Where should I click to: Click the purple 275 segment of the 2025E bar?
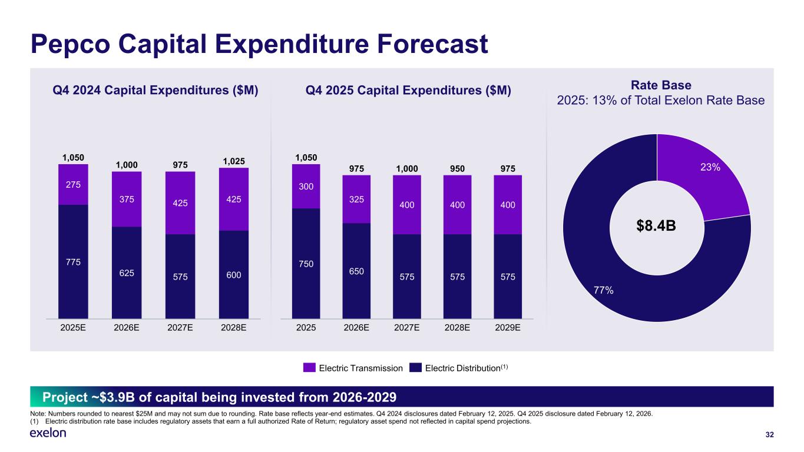point(73,184)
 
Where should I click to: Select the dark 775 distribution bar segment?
point(73,261)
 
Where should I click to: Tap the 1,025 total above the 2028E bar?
point(234,161)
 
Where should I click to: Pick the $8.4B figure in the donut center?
point(657,227)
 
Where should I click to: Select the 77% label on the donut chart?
point(603,290)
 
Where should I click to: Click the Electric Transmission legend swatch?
point(310,368)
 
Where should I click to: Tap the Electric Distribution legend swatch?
point(416,368)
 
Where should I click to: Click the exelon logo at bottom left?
point(48,433)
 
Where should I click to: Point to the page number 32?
point(769,435)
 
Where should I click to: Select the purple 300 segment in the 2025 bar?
point(306,186)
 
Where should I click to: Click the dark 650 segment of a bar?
point(356,271)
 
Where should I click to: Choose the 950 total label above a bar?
point(457,169)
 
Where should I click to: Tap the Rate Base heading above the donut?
point(661,85)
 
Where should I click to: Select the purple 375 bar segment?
point(127,199)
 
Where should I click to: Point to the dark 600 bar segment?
point(234,274)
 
